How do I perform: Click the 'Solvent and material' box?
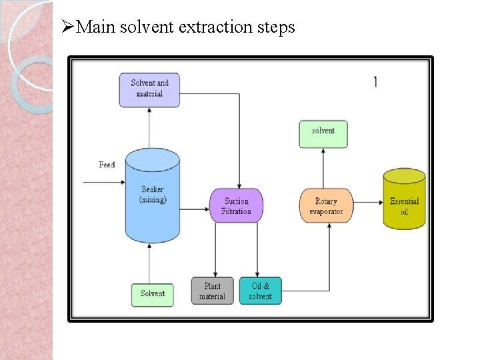(x=149, y=89)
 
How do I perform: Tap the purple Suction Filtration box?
(x=236, y=206)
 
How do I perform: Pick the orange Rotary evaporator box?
(x=325, y=206)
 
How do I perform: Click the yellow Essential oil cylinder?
(x=404, y=200)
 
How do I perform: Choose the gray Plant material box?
(x=213, y=291)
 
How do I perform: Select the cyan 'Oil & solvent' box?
(x=260, y=291)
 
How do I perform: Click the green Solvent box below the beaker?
(x=152, y=294)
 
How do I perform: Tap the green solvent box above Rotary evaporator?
(x=323, y=133)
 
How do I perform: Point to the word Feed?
(x=107, y=165)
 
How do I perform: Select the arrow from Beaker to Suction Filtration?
(x=195, y=209)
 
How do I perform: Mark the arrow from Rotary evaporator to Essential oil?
(x=367, y=201)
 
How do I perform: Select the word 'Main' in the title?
(x=97, y=27)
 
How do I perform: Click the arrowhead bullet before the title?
(x=66, y=27)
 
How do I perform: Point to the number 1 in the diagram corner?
(x=375, y=81)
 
